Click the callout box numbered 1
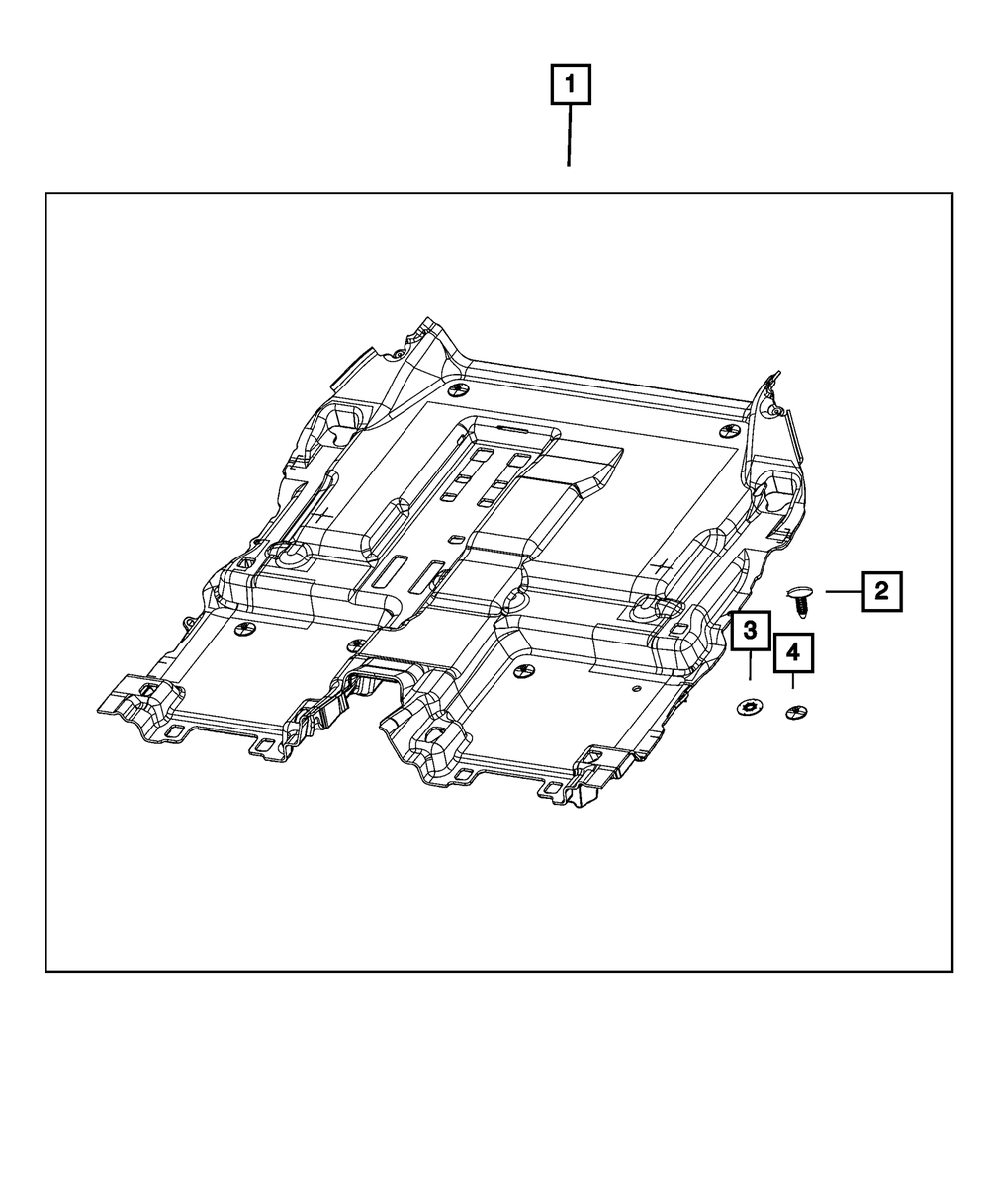click(571, 84)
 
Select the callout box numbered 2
click(881, 591)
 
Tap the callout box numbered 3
click(751, 631)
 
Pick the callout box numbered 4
click(793, 652)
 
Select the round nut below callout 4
click(796, 713)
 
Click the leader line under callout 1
click(570, 135)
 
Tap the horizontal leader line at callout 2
click(844, 591)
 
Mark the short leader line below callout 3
click(750, 665)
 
